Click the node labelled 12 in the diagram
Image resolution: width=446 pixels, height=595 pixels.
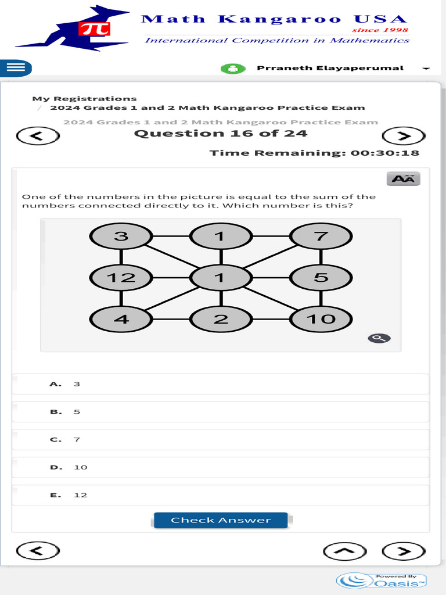coord(121,278)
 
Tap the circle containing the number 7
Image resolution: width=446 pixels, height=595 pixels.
coord(321,236)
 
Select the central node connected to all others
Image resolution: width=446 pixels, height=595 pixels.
coord(220,278)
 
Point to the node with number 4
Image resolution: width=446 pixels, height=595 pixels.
coord(121,319)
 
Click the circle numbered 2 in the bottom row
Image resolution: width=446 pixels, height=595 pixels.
coord(220,319)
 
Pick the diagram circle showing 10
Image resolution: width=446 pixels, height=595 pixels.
coord(321,319)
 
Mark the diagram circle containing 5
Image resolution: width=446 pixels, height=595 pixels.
coord(321,278)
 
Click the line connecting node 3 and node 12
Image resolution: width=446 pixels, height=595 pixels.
coord(121,257)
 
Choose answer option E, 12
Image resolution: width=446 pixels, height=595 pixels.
coord(221,495)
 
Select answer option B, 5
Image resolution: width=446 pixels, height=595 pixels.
coord(221,411)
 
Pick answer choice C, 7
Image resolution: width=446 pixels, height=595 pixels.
coord(221,439)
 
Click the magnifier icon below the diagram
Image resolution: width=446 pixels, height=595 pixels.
coord(379,338)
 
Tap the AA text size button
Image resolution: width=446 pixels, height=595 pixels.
coord(403,178)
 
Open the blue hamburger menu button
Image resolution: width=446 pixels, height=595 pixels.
coord(15,68)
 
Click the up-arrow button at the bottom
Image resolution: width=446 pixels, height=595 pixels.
coord(345,551)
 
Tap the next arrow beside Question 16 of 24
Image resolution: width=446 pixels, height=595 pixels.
coord(403,136)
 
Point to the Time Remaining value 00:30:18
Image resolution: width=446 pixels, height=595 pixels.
coord(385,153)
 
